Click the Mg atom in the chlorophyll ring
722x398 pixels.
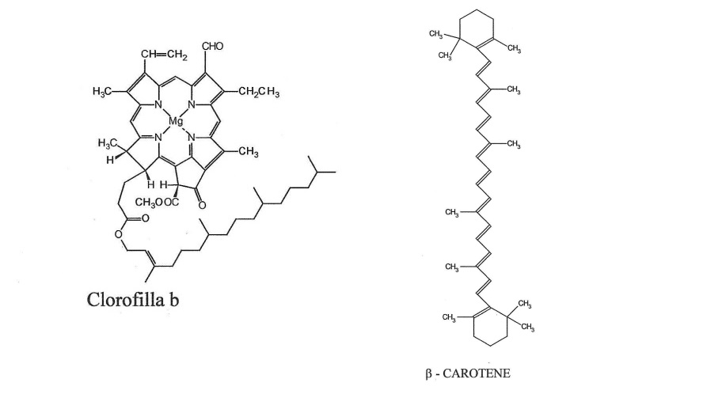[176, 121]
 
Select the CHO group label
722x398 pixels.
[214, 47]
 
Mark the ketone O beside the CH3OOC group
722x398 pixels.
[202, 206]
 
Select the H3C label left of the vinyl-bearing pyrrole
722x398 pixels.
[104, 93]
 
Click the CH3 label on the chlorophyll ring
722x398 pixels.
[249, 153]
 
